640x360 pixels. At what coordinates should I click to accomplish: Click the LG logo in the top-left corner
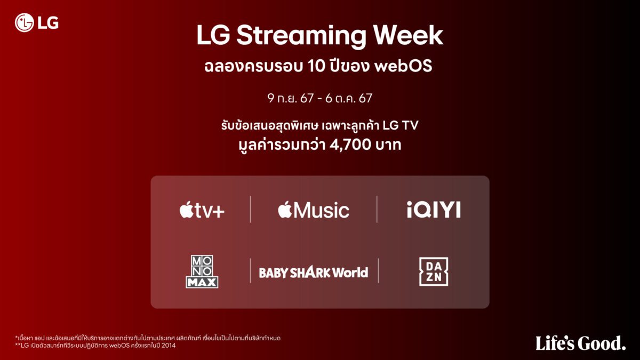[x=37, y=22]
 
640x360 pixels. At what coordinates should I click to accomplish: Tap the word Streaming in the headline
[x=301, y=36]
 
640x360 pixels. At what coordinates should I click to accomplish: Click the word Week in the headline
[x=409, y=35]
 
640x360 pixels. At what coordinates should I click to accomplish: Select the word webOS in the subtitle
[x=403, y=66]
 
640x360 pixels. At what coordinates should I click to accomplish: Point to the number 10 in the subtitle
[x=316, y=66]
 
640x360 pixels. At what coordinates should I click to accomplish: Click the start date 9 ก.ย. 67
[x=290, y=98]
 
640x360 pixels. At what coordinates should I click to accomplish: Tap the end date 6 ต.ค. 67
[x=349, y=98]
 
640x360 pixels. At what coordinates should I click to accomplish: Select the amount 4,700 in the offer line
[x=350, y=145]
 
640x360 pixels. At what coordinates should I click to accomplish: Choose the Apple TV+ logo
[x=202, y=210]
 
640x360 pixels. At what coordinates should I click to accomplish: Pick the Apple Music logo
[x=314, y=210]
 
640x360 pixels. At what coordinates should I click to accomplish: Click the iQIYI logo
[x=434, y=210]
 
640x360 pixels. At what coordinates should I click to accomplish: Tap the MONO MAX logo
[x=202, y=271]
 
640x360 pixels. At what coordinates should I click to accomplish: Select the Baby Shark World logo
[x=314, y=273]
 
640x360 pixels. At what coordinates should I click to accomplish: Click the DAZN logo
[x=434, y=271]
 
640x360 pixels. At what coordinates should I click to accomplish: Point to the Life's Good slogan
[x=581, y=343]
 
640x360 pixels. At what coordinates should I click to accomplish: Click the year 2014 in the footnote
[x=169, y=346]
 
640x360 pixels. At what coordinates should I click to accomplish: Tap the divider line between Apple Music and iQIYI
[x=377, y=210]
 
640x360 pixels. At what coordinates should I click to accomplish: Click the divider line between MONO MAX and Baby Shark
[x=250, y=270]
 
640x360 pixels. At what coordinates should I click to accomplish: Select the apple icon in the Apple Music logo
[x=285, y=210]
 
